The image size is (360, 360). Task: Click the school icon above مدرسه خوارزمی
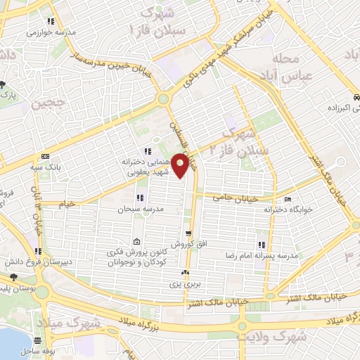[50, 22]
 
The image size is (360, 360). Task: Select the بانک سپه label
[45, 167]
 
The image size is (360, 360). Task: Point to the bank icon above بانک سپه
[45, 156]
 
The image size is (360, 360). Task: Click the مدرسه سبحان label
[143, 209]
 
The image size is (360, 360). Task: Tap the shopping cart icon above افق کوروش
[188, 233]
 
